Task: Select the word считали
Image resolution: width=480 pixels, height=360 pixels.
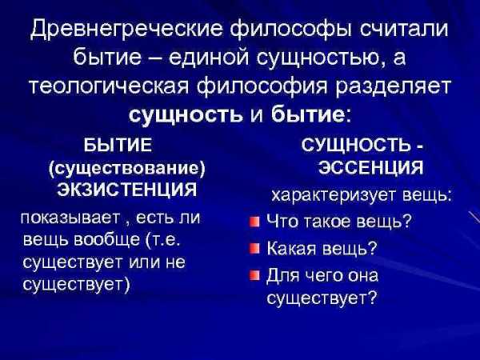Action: tap(403, 30)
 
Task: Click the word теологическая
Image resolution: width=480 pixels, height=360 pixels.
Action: tap(110, 86)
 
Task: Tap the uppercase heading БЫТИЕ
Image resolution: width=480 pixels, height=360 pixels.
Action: tap(118, 145)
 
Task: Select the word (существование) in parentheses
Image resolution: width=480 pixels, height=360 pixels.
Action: tap(126, 168)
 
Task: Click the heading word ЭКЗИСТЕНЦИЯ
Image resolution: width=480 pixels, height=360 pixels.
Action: tap(127, 190)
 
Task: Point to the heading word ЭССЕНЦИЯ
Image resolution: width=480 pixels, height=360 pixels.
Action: tap(370, 167)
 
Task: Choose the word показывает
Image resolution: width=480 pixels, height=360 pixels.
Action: tap(70, 218)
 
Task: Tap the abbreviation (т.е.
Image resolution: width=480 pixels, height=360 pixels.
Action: tap(162, 240)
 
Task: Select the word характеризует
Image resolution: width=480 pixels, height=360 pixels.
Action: tap(334, 196)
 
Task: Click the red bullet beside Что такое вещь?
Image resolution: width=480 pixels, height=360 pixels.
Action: tap(254, 222)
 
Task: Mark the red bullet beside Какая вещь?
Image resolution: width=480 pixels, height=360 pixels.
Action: tap(254, 249)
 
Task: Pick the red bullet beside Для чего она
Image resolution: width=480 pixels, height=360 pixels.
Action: tap(254, 275)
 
